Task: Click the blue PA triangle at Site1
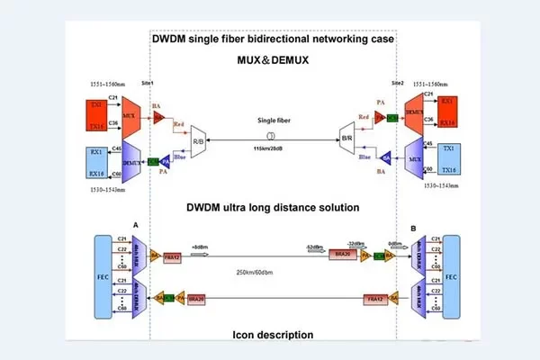coord(166,161)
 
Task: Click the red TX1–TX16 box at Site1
coord(96,115)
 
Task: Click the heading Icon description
coord(270,335)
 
